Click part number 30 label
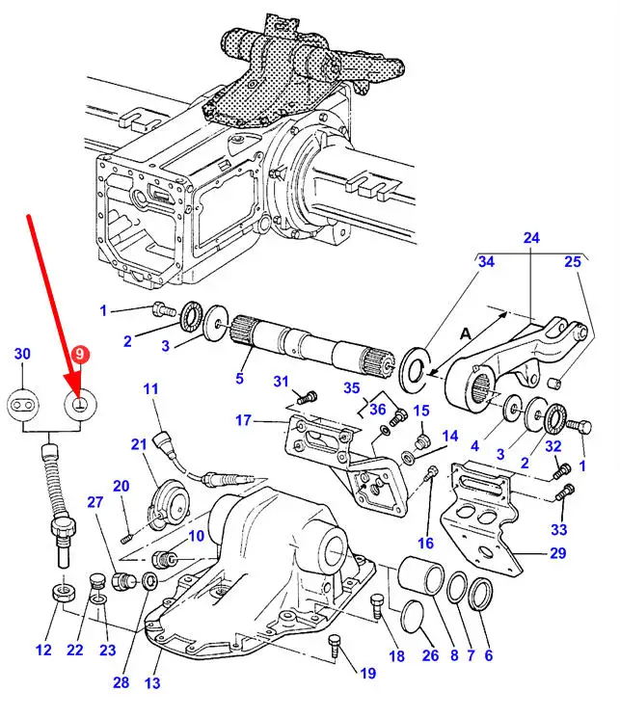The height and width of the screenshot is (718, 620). [23, 354]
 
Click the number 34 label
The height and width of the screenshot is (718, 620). [485, 263]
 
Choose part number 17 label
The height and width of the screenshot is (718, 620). [243, 420]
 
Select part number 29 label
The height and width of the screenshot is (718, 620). [558, 553]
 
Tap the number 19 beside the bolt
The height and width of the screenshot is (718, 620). [367, 674]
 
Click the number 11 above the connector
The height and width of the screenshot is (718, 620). [150, 389]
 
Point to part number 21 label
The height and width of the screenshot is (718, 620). [139, 443]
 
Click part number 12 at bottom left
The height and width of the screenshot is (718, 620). [43, 651]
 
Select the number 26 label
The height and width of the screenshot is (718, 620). [429, 657]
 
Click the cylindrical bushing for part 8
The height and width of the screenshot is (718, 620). [421, 582]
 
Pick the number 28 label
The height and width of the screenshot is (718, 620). [121, 682]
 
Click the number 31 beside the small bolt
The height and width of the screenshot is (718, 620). [281, 383]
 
